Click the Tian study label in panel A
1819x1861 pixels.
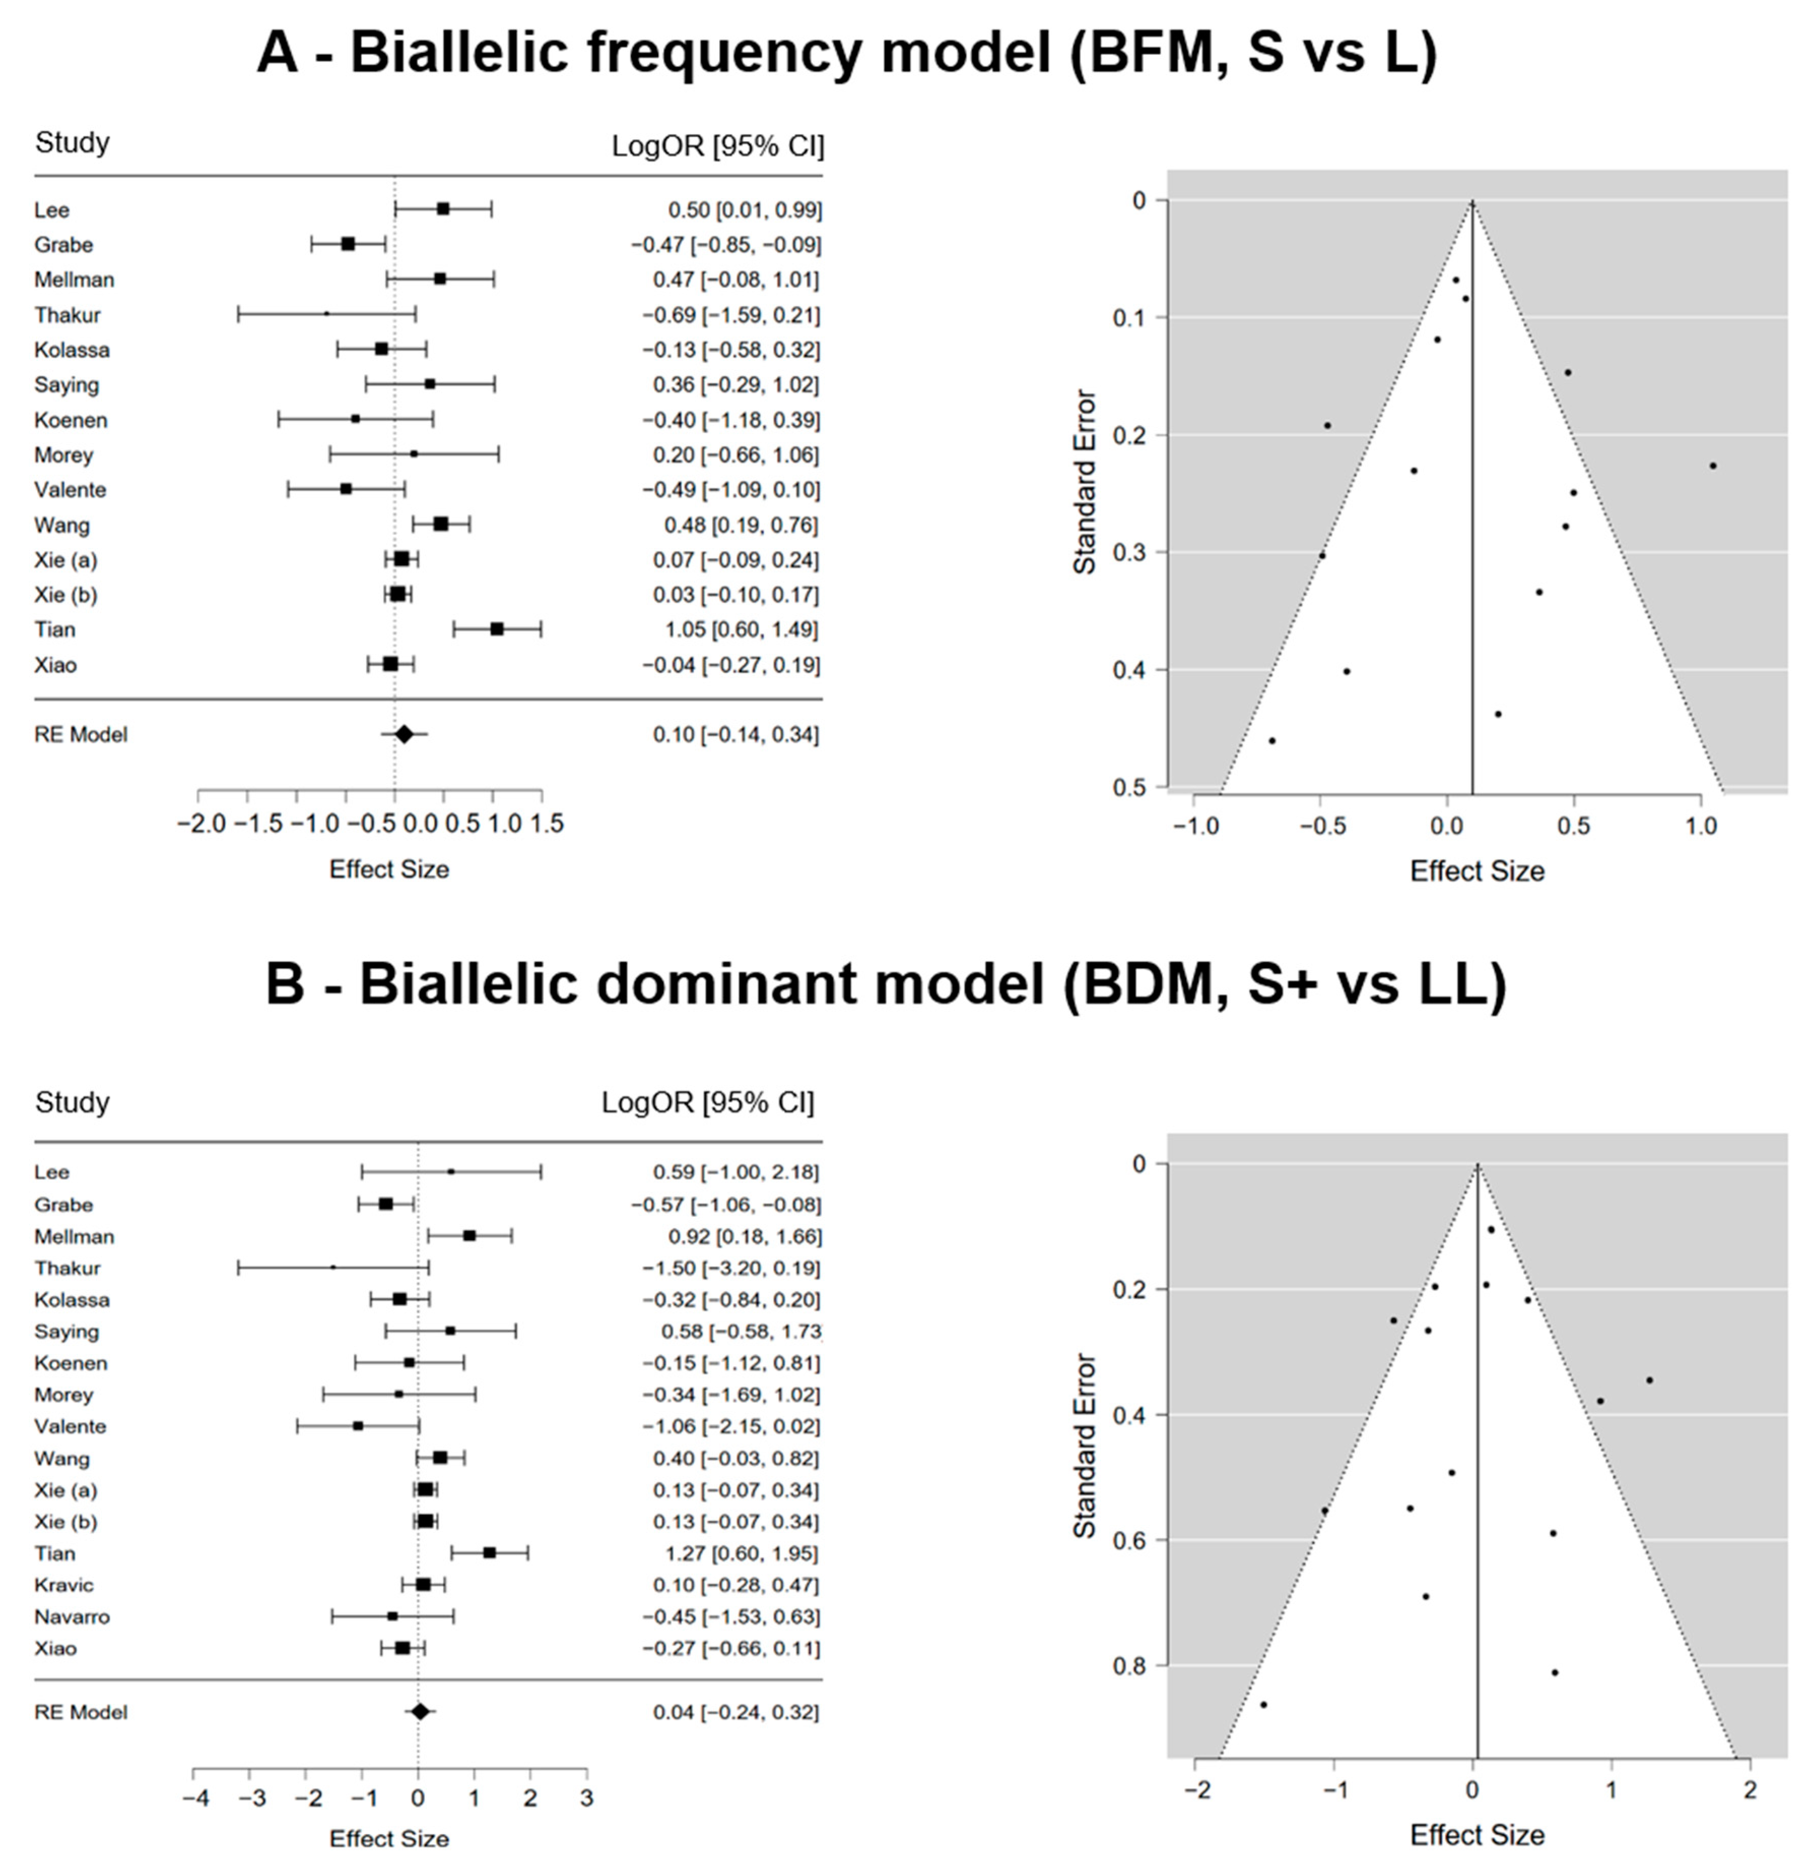click(54, 629)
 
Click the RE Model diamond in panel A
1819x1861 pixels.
click(404, 735)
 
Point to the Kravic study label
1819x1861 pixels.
click(64, 1585)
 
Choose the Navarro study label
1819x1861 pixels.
click(72, 1616)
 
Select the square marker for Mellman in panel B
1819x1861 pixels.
click(469, 1235)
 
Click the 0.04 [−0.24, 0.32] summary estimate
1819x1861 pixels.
click(735, 1712)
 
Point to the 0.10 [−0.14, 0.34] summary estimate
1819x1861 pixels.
click(735, 735)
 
